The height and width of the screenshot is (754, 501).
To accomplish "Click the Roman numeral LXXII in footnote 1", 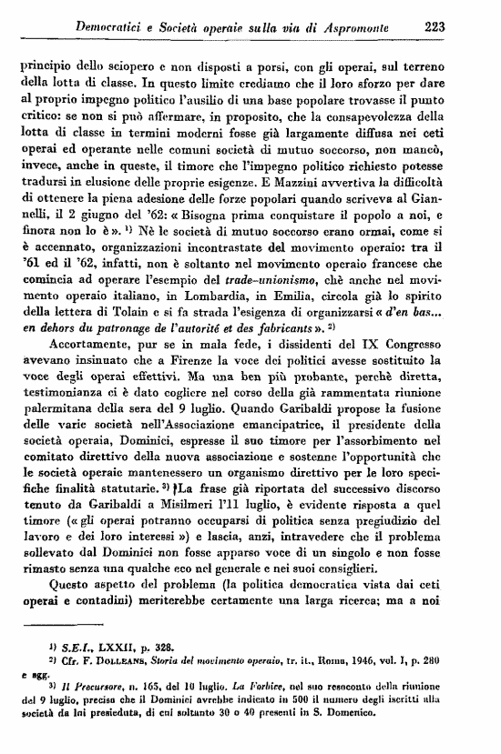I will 100,696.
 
